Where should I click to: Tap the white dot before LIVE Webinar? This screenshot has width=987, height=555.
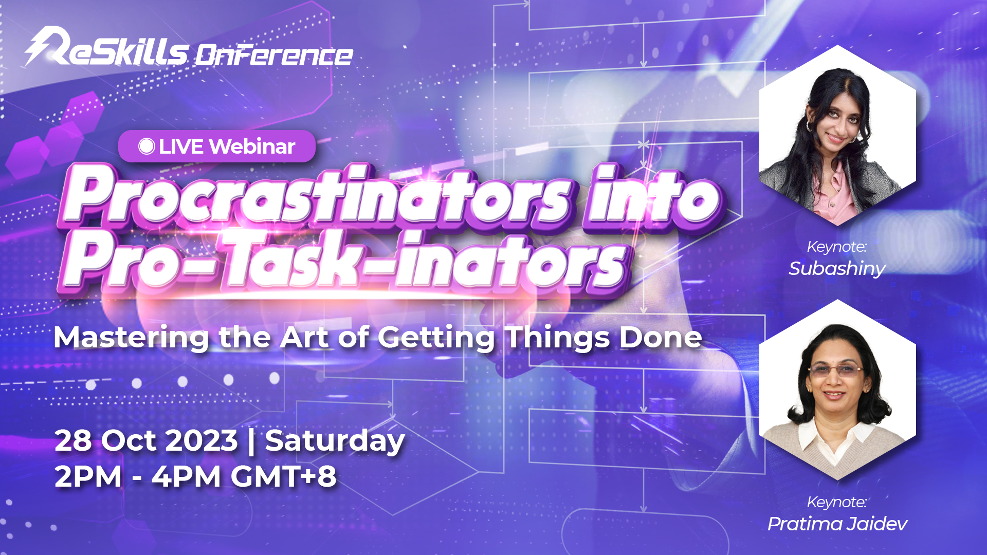click(x=147, y=146)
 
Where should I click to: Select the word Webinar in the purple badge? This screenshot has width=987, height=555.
click(x=252, y=146)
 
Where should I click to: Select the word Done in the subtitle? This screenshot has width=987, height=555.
click(x=661, y=338)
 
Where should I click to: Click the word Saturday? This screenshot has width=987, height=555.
click(x=335, y=442)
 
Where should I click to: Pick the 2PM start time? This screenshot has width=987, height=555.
click(x=88, y=476)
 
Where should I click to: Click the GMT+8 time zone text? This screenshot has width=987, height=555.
click(x=283, y=476)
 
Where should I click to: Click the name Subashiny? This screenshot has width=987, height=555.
click(x=837, y=269)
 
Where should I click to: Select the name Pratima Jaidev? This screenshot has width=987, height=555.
click(x=837, y=524)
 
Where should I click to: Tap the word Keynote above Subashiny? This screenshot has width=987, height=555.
click(x=837, y=247)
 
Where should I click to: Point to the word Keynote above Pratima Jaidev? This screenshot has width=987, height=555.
click(x=837, y=502)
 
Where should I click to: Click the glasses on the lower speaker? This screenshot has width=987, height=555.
click(x=835, y=370)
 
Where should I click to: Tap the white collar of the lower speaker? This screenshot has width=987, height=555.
click(x=835, y=437)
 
